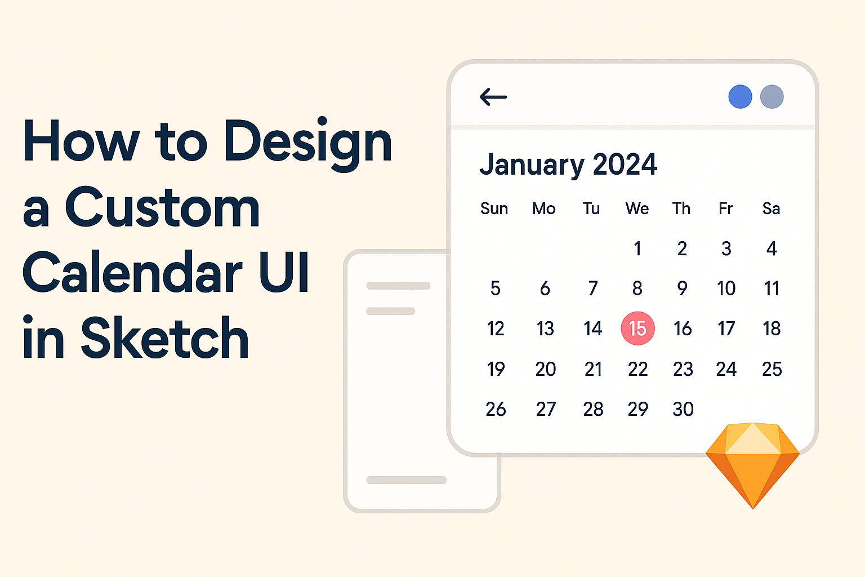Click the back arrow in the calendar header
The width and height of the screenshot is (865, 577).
point(493,96)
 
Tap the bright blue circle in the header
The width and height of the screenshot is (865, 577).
point(741,96)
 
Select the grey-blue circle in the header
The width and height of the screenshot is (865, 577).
point(772,96)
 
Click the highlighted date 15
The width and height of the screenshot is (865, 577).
point(637,328)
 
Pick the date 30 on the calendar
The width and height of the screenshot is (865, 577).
point(683,409)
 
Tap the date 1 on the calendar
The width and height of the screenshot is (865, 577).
point(637,248)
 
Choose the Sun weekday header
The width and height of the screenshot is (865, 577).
point(494,208)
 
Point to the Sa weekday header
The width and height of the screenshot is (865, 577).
point(771,208)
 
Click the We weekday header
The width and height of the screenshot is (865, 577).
point(637,208)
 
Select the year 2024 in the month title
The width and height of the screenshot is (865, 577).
point(625,164)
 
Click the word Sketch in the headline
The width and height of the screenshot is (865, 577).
point(164,338)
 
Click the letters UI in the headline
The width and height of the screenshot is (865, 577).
point(284,272)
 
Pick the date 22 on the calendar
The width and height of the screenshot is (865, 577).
point(637,369)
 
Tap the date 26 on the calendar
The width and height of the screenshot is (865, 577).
point(496,409)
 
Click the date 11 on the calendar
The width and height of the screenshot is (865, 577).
point(772,288)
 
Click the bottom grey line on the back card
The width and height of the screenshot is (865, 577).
point(406,480)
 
